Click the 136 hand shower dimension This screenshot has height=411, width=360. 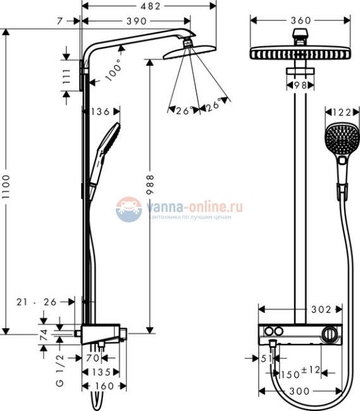(101, 112)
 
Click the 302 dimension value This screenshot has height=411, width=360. (322, 309)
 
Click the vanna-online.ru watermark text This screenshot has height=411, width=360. (194, 206)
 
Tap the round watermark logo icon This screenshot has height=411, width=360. (129, 209)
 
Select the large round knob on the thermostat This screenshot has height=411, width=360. (330, 334)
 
